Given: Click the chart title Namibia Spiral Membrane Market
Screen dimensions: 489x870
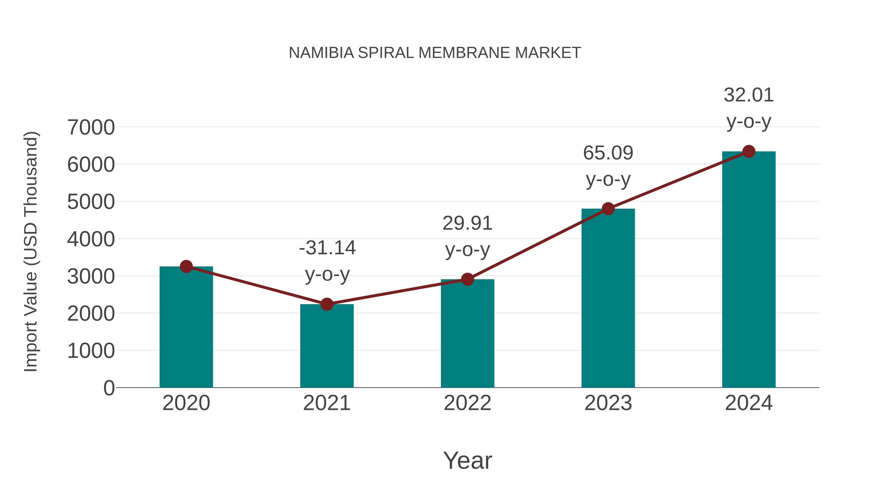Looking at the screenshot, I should click(x=435, y=53).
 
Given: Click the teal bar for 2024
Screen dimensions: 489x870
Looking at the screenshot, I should click(x=749, y=270).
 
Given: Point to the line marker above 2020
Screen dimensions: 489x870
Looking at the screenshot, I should click(x=186, y=266).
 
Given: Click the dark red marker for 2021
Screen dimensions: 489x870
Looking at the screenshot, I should click(x=326, y=304).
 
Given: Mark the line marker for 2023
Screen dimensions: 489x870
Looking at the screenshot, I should click(x=608, y=209).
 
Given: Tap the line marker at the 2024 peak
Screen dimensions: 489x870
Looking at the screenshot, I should click(x=749, y=151).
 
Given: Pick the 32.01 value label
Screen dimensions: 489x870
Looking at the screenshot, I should click(x=749, y=95).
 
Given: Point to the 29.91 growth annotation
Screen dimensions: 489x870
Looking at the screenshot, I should click(x=467, y=223).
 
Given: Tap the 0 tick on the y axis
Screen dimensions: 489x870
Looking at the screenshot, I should click(x=109, y=388).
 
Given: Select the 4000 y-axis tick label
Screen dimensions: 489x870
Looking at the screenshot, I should click(x=91, y=239).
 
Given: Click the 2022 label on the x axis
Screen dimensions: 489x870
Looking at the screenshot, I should click(x=467, y=403).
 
